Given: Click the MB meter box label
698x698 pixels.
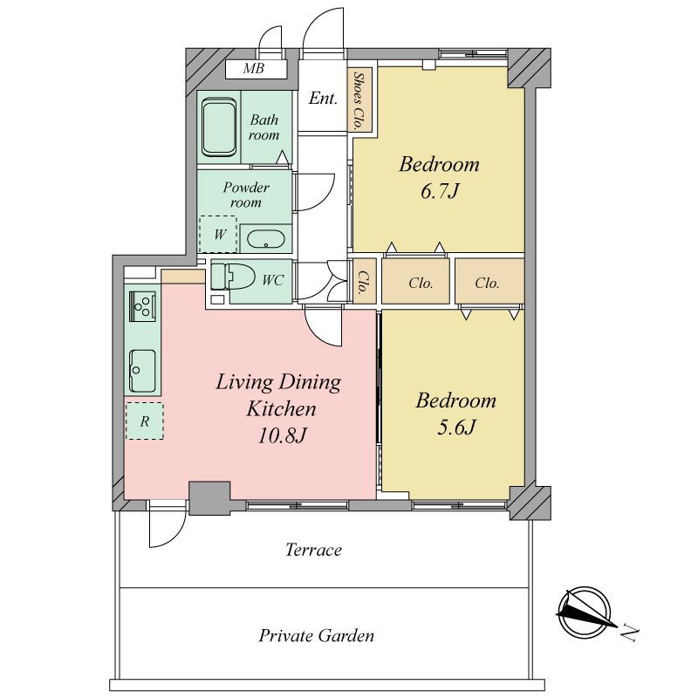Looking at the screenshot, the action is [x=254, y=69].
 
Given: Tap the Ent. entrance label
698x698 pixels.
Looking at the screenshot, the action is [x=323, y=98].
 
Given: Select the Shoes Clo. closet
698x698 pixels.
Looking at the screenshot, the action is [x=359, y=100].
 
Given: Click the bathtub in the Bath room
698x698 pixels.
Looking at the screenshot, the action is [x=219, y=127].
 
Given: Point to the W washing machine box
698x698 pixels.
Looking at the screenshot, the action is [x=217, y=234].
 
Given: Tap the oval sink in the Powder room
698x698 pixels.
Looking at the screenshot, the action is [x=266, y=240].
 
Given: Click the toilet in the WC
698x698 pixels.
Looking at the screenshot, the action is [x=233, y=277].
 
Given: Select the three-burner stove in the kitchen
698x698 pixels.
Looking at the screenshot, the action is [x=142, y=306].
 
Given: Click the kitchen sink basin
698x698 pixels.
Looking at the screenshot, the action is [x=142, y=370].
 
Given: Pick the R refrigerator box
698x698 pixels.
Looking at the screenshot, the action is [x=144, y=421].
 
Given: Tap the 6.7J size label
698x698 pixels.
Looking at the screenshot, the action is [x=440, y=192].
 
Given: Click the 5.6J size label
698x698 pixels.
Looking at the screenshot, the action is [x=456, y=428].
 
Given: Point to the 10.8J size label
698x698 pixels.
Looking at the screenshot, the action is [x=282, y=435].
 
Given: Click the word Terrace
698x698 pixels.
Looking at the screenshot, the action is [x=313, y=550].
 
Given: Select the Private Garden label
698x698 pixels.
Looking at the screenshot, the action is [x=317, y=636].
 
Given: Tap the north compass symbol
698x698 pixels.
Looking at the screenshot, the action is [x=585, y=612].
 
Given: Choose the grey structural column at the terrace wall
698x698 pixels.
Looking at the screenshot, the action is [x=209, y=497].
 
